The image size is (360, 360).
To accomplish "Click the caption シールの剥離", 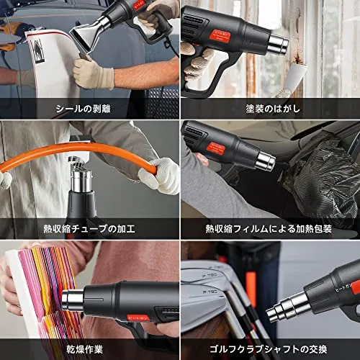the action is (x=84, y=109).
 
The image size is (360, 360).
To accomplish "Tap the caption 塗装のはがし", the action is (x=273, y=109).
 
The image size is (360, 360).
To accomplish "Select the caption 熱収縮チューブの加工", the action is (x=89, y=228).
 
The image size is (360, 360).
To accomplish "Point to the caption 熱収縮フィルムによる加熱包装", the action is (x=269, y=229).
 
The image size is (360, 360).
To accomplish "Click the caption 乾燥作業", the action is (x=85, y=349).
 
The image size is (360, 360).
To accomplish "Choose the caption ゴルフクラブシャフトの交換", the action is (x=268, y=349).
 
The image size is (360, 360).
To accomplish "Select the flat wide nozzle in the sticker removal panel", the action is (x=86, y=39).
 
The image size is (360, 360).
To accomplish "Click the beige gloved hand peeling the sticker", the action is (x=94, y=73).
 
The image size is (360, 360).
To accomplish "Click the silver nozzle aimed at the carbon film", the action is (x=265, y=161).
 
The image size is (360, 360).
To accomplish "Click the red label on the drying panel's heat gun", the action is (x=138, y=318).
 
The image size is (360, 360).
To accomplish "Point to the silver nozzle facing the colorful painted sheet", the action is (x=73, y=299).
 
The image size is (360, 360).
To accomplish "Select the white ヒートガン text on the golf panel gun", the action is (x=343, y=289).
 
